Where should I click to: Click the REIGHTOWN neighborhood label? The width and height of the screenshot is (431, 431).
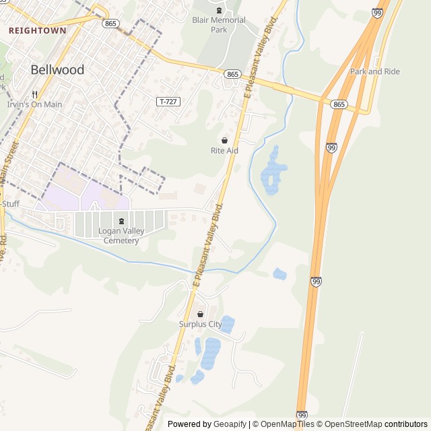[37, 30]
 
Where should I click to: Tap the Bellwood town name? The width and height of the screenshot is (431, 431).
[58, 69]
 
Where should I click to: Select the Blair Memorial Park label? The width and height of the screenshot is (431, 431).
[218, 25]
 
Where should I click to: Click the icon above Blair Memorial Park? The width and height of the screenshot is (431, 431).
[218, 10]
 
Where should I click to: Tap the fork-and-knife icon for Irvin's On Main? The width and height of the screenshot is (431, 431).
[34, 94]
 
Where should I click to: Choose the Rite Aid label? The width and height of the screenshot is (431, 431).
[224, 151]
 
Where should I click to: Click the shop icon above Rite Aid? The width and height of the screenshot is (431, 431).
[224, 140]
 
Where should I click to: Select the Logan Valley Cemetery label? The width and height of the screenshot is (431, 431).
[121, 236]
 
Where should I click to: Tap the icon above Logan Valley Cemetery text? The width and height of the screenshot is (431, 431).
[121, 221]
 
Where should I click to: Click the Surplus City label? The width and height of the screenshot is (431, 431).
[200, 324]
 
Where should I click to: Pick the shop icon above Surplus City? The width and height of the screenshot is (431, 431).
[200, 314]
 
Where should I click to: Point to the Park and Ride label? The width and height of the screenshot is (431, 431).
[374, 71]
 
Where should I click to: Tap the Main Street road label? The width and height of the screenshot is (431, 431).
[9, 162]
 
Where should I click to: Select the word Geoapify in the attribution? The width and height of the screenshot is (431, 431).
[230, 424]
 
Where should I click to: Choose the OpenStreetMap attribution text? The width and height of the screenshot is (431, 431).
[354, 424]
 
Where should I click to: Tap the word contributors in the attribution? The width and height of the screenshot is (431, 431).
[406, 424]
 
